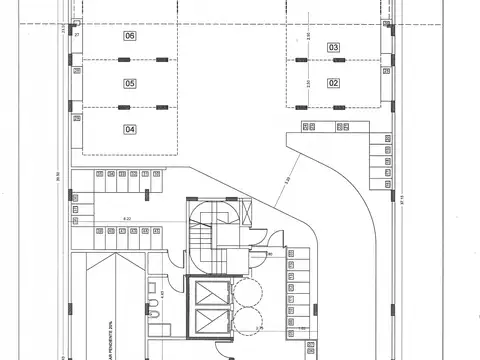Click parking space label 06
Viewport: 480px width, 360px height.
pyautogui.click(x=130, y=36)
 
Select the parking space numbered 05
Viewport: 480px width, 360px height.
pyautogui.click(x=130, y=83)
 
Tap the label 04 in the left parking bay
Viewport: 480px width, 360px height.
pyautogui.click(x=130, y=129)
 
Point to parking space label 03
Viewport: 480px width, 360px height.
pyautogui.click(x=333, y=47)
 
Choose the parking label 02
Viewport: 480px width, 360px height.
pyautogui.click(x=333, y=83)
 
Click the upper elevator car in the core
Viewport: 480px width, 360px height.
pyautogui.click(x=211, y=294)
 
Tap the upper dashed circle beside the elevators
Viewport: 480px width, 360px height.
pyautogui.click(x=247, y=293)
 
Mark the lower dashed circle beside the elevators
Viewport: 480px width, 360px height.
pyautogui.click(x=247, y=321)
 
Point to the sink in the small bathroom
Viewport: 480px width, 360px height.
pyautogui.click(x=152, y=289)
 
